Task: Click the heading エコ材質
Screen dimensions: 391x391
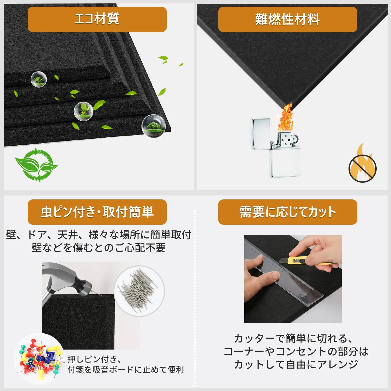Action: (97, 19)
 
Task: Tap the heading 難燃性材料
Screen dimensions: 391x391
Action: (288, 19)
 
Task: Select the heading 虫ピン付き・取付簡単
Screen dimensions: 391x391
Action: (97, 212)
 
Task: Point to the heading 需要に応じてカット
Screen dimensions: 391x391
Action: (288, 212)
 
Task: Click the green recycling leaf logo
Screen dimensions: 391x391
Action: (36, 165)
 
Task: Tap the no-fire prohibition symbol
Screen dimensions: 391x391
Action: (362, 168)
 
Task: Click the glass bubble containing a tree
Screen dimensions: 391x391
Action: (154, 126)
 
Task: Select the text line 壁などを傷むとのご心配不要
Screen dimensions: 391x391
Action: (99, 248)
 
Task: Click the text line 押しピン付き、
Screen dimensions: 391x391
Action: (94, 359)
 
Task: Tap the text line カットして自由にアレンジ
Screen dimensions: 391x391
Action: (296, 364)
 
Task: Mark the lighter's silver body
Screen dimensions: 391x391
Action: (285, 162)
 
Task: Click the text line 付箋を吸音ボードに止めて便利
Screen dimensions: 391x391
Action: (126, 370)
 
